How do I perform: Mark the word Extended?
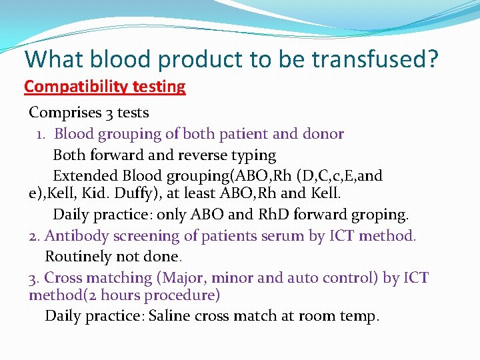click(85, 176)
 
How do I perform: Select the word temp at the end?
click(361, 316)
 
